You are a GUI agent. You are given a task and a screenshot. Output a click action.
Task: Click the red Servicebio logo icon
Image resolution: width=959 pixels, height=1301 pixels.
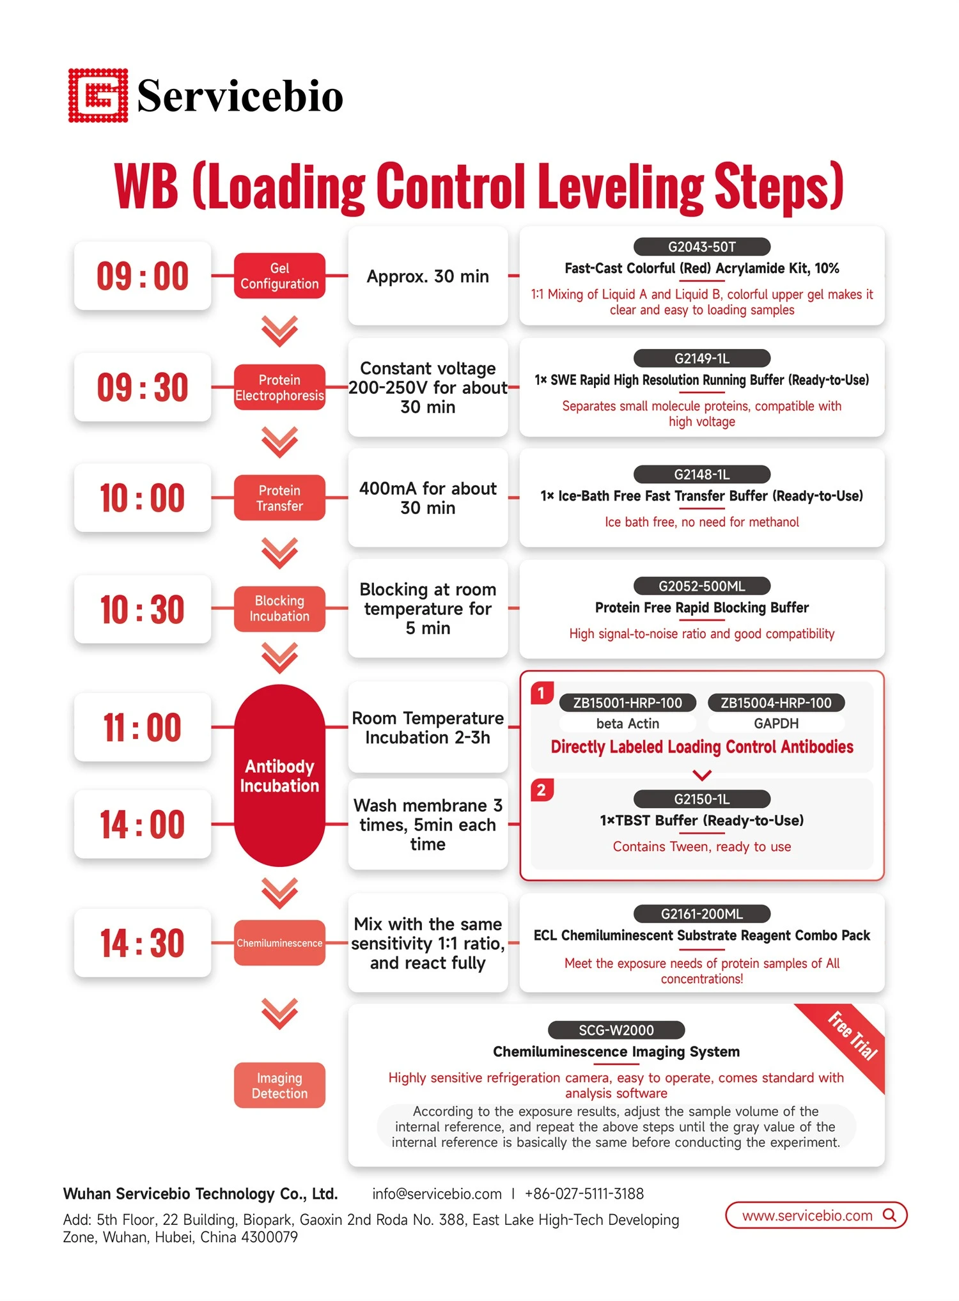(x=98, y=95)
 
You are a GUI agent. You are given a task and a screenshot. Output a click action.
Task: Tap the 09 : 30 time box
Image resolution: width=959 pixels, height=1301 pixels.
(x=143, y=387)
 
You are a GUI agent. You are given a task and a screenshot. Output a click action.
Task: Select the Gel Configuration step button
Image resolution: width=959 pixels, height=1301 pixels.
(x=279, y=276)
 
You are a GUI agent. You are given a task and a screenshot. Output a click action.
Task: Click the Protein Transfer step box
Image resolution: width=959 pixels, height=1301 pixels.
(x=279, y=497)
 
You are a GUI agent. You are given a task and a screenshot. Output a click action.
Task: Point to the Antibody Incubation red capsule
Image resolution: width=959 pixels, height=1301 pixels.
(x=279, y=775)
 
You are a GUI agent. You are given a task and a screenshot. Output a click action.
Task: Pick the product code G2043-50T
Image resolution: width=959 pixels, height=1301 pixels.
(x=702, y=247)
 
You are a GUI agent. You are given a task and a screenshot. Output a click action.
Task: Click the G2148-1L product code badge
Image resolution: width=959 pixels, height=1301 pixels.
(x=702, y=474)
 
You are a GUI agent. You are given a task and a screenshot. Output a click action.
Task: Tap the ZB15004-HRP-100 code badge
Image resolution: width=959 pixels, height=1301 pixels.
(x=776, y=703)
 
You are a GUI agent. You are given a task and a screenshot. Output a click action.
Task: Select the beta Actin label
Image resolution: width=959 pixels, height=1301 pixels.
(x=627, y=723)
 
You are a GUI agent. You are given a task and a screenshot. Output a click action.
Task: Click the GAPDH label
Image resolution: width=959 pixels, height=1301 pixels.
(x=776, y=723)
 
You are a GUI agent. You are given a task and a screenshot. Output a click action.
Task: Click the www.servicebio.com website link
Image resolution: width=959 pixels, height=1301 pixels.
(x=807, y=1215)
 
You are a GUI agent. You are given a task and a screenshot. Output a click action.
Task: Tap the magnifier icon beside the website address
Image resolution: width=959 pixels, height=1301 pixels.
(x=890, y=1215)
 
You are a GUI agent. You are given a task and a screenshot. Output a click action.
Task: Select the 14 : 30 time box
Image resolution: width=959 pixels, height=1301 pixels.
(x=143, y=942)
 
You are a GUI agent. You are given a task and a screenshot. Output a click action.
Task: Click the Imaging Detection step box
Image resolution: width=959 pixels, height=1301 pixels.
(x=279, y=1086)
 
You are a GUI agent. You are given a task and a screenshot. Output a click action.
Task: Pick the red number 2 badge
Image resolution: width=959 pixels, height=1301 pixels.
(x=542, y=790)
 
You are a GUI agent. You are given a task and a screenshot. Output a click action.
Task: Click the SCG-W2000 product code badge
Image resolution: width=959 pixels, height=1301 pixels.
(x=616, y=1030)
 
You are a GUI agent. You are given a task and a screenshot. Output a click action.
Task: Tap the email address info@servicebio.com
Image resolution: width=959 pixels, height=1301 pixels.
(x=437, y=1194)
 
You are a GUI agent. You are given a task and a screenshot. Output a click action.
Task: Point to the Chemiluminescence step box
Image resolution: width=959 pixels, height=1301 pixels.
(x=279, y=942)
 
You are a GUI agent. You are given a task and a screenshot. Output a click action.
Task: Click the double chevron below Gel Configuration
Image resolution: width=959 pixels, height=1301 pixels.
(x=279, y=331)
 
